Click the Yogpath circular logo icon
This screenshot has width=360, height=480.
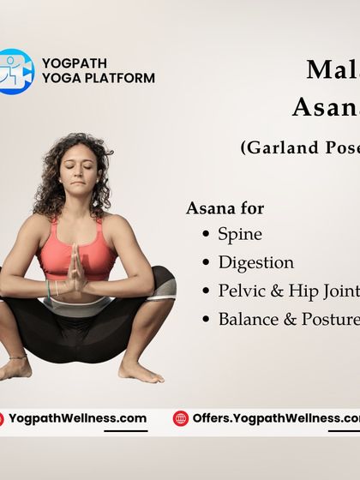pyautogui.click(x=16, y=71)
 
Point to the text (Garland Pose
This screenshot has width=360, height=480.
pyautogui.click(x=300, y=147)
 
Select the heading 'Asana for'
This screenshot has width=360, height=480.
pyautogui.click(x=225, y=208)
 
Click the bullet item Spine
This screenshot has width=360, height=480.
pyautogui.click(x=240, y=234)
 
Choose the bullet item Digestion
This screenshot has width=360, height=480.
pyautogui.click(x=255, y=262)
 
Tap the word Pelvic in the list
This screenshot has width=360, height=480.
pyautogui.click(x=241, y=291)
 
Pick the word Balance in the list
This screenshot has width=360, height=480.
pyautogui.click(x=247, y=319)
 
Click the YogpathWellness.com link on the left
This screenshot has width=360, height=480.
pyautogui.click(x=77, y=419)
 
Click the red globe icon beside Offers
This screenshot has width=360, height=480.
pyautogui.click(x=180, y=418)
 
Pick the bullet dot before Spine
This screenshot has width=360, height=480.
pyautogui.click(x=206, y=234)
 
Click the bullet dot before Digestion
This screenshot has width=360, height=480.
pyautogui.click(x=206, y=263)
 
